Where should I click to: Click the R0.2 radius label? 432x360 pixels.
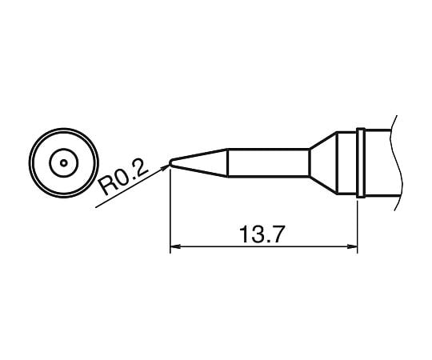click(124, 177)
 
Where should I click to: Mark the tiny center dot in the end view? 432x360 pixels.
click(62, 162)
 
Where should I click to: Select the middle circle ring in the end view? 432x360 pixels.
click(62, 149)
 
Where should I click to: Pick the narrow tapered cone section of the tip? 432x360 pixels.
click(200, 163)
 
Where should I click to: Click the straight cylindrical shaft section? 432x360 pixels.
click(268, 163)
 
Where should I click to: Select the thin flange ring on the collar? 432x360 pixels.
click(361, 162)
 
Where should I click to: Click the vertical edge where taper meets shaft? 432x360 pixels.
click(228, 163)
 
